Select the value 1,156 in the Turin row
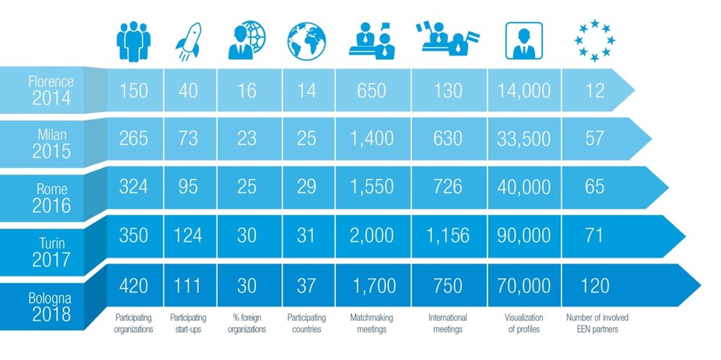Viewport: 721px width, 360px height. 448,235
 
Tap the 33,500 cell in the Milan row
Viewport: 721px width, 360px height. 524,138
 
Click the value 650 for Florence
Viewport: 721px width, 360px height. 371,91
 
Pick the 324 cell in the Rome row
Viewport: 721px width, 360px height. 133,186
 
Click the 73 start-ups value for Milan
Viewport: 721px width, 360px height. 188,138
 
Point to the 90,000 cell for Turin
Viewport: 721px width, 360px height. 524,235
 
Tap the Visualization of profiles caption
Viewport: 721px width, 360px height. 523,323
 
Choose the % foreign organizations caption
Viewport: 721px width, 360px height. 246,323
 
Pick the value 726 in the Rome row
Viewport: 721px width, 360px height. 448,186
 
